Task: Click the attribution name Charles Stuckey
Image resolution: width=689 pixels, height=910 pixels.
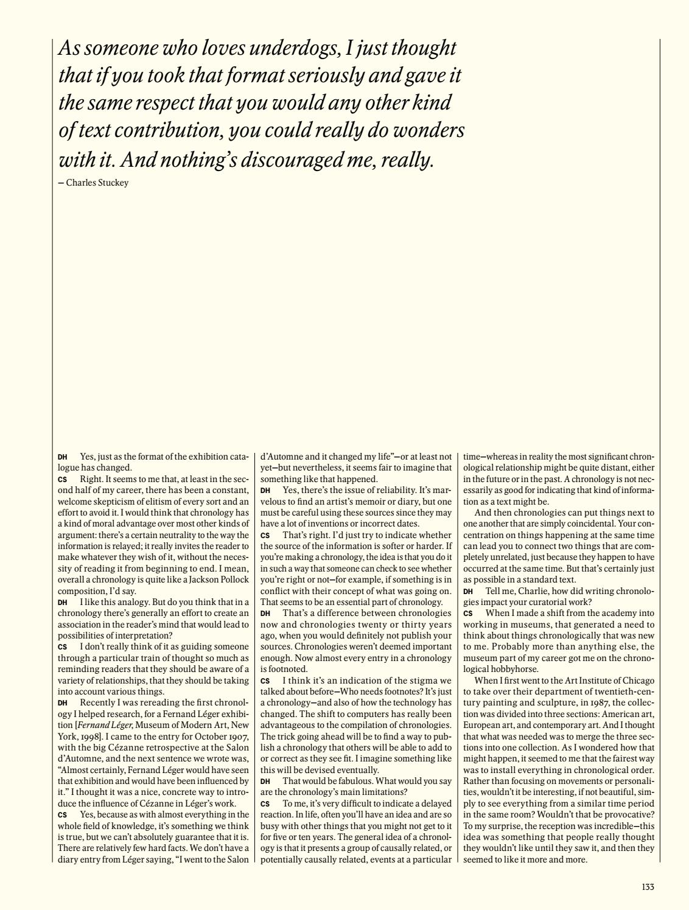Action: click(x=97, y=183)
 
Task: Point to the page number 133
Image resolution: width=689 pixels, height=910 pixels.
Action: click(x=648, y=887)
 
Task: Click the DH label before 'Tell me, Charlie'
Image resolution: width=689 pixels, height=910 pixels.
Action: click(x=467, y=591)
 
